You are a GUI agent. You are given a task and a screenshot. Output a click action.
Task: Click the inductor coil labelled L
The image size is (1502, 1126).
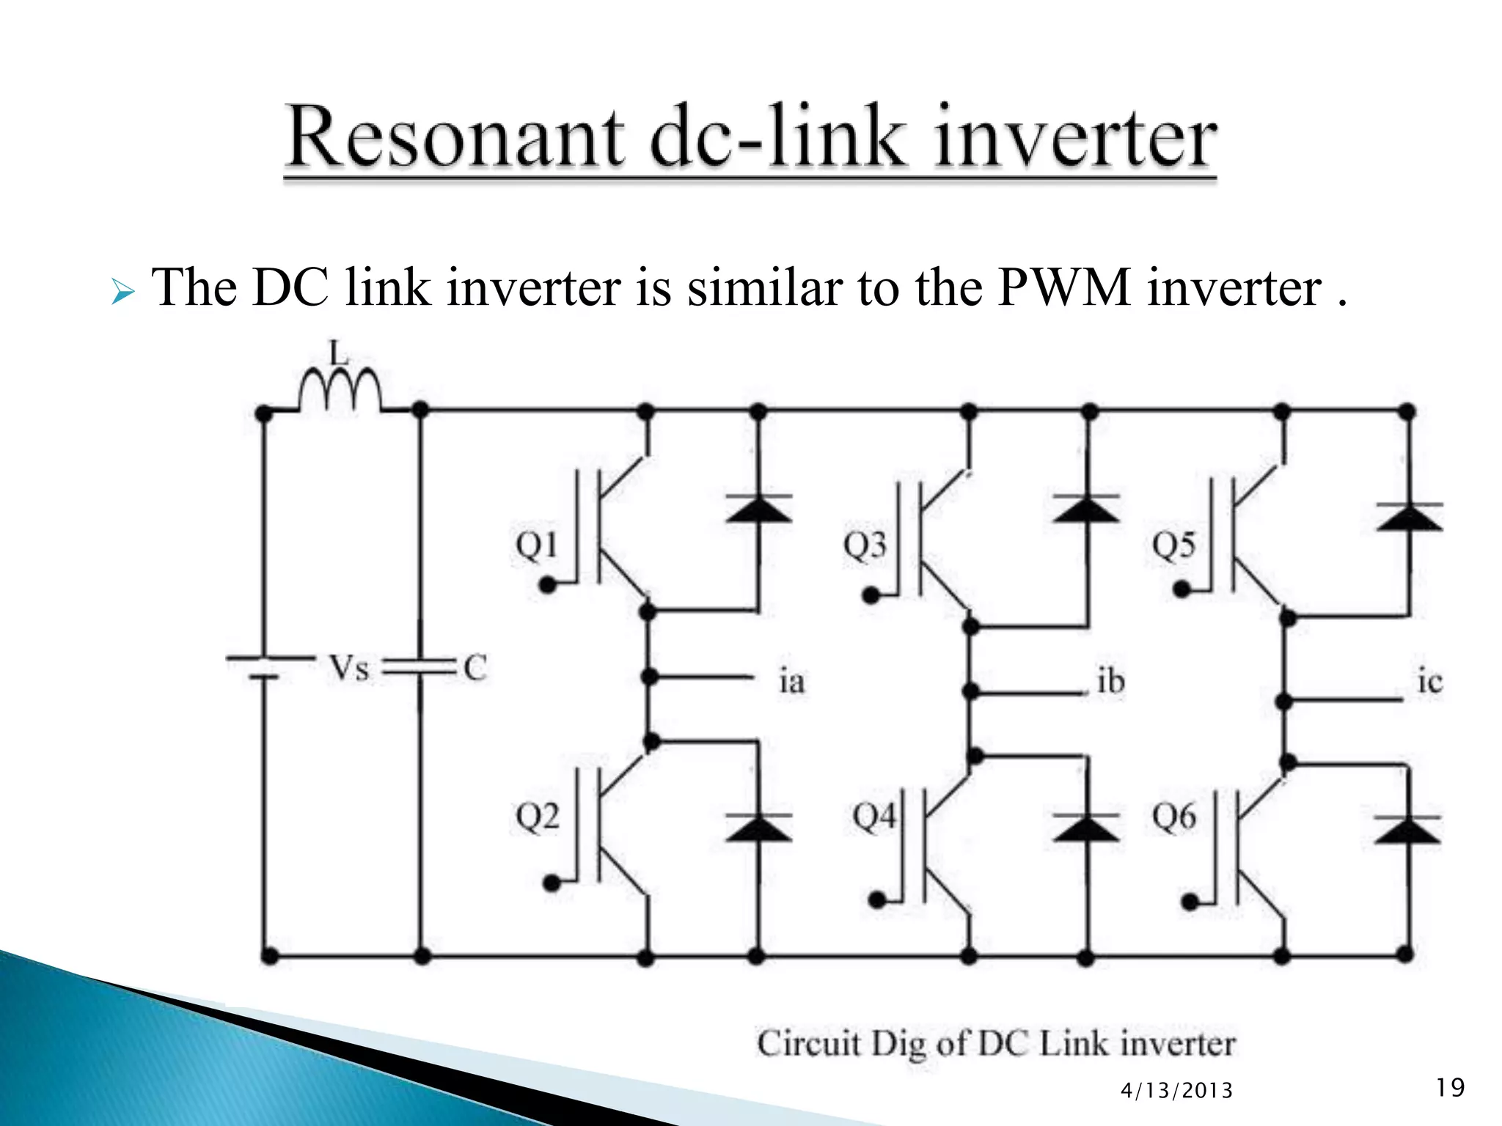point(340,390)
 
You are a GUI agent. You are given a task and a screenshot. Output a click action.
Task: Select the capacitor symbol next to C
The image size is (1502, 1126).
point(420,666)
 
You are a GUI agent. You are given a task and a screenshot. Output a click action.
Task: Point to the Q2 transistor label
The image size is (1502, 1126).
point(537,816)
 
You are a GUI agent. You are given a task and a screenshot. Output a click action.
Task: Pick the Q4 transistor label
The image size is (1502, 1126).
point(874,816)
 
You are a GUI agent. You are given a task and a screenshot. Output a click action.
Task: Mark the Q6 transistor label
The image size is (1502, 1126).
point(1173,816)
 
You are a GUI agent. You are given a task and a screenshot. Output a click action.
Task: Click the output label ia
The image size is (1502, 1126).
point(791,682)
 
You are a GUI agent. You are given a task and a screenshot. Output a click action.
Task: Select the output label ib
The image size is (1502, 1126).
point(1110,682)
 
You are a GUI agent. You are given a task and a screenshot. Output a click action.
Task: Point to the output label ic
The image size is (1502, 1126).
point(1429,682)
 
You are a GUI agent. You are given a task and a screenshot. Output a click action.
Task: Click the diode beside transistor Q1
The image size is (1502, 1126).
point(758,509)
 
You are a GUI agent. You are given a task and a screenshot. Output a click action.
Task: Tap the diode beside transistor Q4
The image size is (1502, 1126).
point(1086,827)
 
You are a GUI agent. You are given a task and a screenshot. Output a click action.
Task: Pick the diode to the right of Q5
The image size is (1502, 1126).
point(1408,517)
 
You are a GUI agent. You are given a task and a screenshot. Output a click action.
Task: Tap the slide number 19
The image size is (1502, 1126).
point(1450,1086)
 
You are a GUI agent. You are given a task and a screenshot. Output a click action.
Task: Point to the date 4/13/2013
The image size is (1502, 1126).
point(1176,1091)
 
